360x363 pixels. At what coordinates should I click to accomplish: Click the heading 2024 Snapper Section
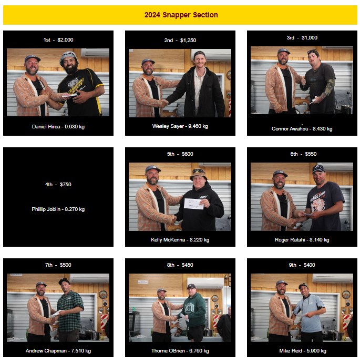click(x=181, y=15)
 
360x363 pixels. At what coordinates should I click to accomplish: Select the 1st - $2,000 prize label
click(x=58, y=40)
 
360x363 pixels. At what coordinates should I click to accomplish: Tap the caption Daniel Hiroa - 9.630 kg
click(x=58, y=127)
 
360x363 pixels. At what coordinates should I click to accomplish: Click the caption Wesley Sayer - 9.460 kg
click(x=180, y=126)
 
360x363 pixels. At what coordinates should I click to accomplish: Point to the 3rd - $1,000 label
click(x=302, y=38)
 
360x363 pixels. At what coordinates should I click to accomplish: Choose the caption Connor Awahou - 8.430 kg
click(x=302, y=129)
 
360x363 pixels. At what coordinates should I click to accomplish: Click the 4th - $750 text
click(x=58, y=185)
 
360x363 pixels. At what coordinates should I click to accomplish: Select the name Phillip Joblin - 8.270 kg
click(x=58, y=209)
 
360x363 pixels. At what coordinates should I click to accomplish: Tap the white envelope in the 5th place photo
click(x=194, y=204)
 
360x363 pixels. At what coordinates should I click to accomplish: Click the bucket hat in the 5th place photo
click(x=198, y=174)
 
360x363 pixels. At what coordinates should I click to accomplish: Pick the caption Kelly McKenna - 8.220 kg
click(x=180, y=240)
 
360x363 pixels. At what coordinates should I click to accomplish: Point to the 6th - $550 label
click(x=303, y=154)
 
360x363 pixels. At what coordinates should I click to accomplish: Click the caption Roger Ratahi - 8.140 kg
click(x=302, y=240)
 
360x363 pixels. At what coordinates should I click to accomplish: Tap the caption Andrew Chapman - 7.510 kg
click(x=58, y=351)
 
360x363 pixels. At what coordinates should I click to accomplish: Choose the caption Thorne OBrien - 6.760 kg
click(x=180, y=351)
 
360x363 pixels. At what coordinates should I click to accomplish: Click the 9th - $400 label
click(x=302, y=265)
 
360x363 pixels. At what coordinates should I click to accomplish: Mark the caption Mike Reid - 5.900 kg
click(x=303, y=351)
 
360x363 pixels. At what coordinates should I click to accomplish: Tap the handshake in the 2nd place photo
click(x=164, y=103)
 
